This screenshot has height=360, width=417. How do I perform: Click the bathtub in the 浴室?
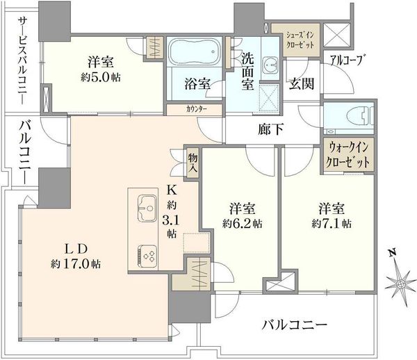(x=195, y=51)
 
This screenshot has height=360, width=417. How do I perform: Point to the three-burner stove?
(x=147, y=256)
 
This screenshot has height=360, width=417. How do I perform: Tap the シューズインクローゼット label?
(x=300, y=40)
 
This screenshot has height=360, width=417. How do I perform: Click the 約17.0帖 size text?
(x=76, y=264)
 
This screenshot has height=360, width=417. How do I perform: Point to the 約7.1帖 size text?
(x=332, y=224)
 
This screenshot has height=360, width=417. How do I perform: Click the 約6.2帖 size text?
(x=243, y=224)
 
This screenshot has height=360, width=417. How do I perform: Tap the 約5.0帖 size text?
(x=101, y=77)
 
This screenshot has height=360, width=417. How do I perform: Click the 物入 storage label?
(x=193, y=163)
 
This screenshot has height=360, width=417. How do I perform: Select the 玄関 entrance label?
(x=302, y=83)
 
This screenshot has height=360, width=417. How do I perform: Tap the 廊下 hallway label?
(x=270, y=129)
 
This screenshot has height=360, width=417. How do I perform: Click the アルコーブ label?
(x=347, y=60)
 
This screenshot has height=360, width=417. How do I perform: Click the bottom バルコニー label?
(x=295, y=325)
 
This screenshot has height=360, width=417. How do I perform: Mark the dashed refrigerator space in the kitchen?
(x=197, y=243)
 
